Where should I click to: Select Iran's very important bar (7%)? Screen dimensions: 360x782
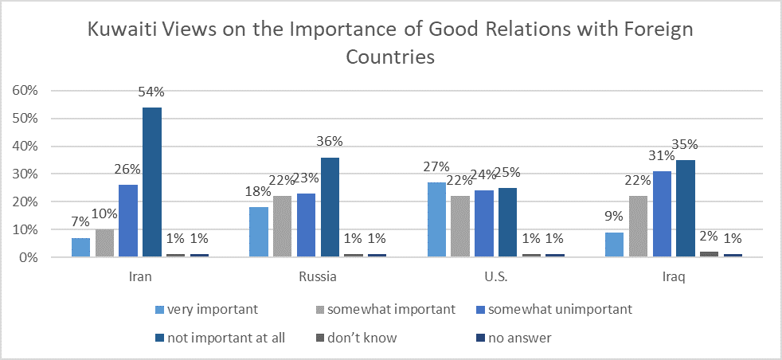click(80, 247)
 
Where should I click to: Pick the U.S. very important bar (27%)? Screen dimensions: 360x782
click(436, 220)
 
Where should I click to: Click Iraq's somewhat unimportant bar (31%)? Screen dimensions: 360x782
click(663, 214)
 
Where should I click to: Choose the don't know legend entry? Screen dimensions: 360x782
click(362, 338)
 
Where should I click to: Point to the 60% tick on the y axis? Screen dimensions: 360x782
click(26, 91)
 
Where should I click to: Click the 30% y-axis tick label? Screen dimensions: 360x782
click(26, 174)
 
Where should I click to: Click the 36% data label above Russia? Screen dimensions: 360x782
click(330, 141)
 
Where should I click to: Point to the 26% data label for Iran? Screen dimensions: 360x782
click(127, 169)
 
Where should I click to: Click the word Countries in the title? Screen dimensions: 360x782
click(390, 57)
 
